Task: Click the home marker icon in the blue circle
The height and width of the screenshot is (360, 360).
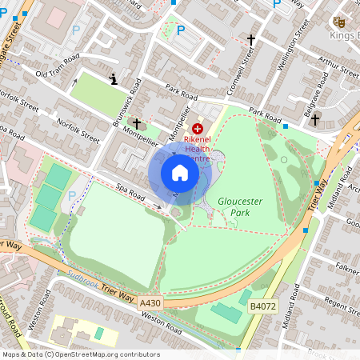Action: [180, 173]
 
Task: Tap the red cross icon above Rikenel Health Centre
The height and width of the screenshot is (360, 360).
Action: [198, 128]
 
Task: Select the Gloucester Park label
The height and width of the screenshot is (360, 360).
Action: [240, 208]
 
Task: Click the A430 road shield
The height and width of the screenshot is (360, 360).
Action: [150, 303]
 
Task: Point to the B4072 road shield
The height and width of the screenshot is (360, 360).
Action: [262, 305]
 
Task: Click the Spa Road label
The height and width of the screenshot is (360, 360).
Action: [129, 193]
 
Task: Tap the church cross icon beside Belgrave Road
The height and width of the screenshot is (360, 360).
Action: [314, 120]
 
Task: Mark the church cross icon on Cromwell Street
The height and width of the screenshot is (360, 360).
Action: [250, 39]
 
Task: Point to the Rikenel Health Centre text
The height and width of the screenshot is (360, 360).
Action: [198, 148]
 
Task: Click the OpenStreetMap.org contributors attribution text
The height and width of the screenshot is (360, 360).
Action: [104, 354]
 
